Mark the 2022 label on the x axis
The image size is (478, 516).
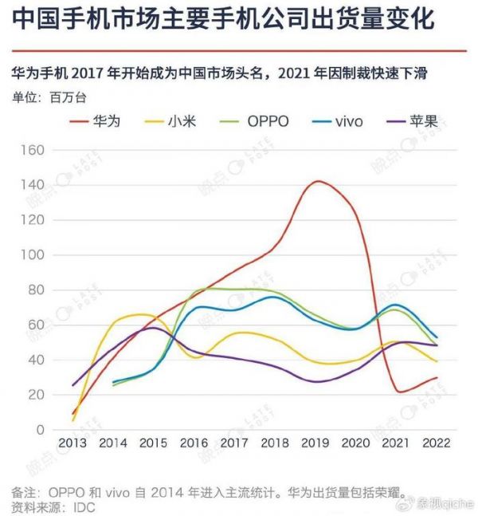(434, 444)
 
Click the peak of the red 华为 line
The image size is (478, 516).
(318, 181)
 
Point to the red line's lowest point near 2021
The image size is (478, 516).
(398, 392)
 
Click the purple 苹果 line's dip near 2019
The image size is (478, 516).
(316, 381)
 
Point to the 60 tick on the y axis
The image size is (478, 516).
(37, 325)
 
